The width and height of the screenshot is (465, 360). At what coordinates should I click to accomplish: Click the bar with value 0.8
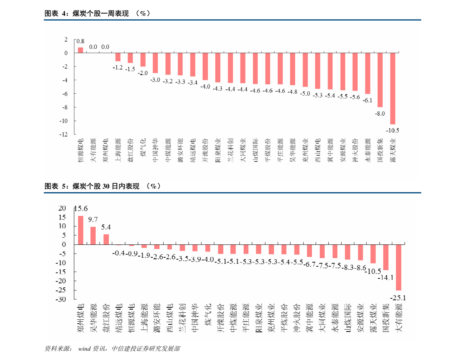click(x=80, y=50)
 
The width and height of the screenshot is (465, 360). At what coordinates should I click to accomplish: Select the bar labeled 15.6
click(x=81, y=230)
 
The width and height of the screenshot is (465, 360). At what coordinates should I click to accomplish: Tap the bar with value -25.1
click(x=399, y=267)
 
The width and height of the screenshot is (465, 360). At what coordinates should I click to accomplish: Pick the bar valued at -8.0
click(x=380, y=80)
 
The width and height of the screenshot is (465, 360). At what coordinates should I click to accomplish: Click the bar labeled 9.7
click(x=93, y=235)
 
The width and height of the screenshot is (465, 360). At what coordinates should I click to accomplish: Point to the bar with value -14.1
click(x=386, y=257)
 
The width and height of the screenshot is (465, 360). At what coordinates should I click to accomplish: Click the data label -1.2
click(x=118, y=68)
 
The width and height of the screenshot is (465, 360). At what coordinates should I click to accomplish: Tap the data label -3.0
click(x=155, y=80)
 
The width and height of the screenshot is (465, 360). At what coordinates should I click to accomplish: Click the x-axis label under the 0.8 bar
click(x=80, y=150)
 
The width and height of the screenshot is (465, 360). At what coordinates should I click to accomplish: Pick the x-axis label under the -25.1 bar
click(x=399, y=318)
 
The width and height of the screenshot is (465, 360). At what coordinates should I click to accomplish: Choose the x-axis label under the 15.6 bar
click(x=81, y=318)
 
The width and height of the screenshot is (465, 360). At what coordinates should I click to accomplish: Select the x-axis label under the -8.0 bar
click(x=380, y=150)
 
